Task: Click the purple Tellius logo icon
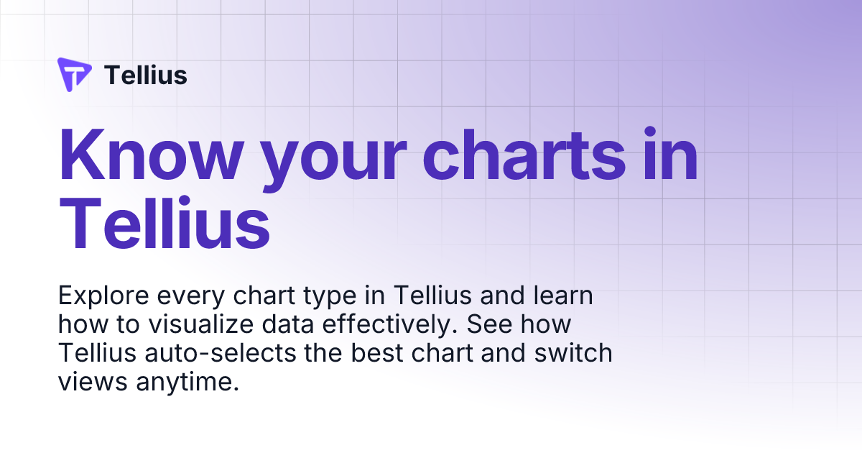point(74,74)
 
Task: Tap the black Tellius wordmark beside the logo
point(146,75)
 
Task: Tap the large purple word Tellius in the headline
point(164,219)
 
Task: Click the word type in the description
point(341,297)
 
